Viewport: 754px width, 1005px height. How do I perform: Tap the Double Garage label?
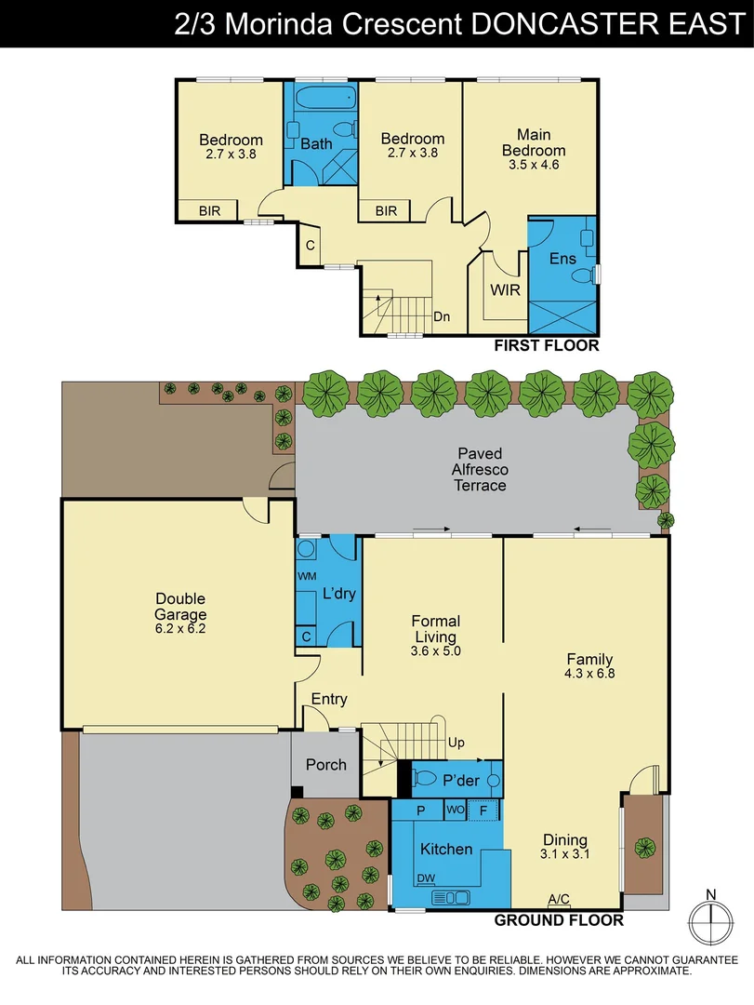(180, 607)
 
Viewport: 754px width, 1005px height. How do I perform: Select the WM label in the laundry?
(306, 577)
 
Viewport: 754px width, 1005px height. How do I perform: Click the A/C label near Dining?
(559, 899)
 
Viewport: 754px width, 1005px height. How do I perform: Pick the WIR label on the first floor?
(504, 288)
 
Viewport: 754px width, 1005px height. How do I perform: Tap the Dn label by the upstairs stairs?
(442, 317)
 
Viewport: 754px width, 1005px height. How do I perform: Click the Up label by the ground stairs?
(456, 743)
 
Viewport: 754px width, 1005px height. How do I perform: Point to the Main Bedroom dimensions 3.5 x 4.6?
(534, 165)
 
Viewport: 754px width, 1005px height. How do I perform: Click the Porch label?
(325, 765)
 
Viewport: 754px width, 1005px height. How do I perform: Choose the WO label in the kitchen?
(455, 811)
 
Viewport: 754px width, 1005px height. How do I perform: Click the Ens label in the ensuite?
(563, 259)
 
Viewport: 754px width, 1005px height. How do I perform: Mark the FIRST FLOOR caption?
(546, 346)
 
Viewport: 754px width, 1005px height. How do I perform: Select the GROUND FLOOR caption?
(558, 920)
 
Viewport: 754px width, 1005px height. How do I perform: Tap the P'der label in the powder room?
(460, 780)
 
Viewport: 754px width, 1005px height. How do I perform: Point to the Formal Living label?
(435, 629)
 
